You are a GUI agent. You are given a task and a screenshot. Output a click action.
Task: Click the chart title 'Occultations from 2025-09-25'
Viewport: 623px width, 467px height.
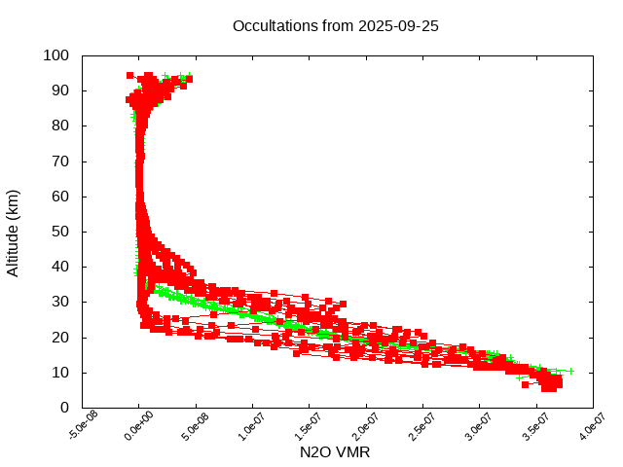335,25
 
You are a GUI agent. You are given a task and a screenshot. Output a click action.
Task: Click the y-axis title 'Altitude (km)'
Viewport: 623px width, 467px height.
13,232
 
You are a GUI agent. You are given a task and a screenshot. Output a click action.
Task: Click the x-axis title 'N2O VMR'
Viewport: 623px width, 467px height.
335,451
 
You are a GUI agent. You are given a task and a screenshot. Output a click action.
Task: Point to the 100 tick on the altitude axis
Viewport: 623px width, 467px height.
55,55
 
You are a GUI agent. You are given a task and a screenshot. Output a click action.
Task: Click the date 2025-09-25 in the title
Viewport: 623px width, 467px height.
399,25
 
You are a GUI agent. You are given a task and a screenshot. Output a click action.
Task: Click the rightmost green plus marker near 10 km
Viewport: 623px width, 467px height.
570,371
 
